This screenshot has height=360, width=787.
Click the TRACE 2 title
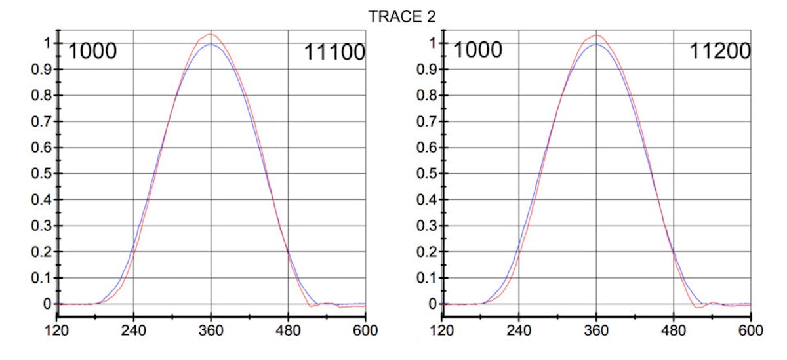point(402,16)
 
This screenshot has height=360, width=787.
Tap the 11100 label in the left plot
point(334,52)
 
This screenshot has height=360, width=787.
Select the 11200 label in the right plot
point(719,52)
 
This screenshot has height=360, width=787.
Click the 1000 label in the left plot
point(92,50)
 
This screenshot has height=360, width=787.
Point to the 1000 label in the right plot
point(478,50)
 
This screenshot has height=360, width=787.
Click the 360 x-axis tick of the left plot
point(211,331)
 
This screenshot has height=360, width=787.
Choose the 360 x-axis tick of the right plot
point(596,331)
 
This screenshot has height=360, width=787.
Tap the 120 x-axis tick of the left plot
point(56,331)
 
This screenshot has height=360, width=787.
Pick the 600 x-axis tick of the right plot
point(750,331)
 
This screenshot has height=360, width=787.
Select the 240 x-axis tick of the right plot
point(519,331)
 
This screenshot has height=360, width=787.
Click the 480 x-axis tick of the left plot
point(288,331)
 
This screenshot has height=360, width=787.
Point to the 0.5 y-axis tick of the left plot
point(40,174)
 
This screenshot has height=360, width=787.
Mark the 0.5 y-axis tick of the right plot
point(426,174)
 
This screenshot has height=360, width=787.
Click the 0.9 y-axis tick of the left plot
point(40,70)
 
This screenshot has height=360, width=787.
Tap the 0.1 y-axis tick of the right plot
point(426,278)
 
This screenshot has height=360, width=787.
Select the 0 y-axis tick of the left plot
point(47,304)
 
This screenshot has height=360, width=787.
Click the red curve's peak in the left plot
point(211,34)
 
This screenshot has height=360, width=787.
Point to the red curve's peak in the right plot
point(596,34)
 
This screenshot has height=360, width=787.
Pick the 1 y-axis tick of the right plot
point(432,43)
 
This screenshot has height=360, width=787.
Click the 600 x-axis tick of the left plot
point(365,331)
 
